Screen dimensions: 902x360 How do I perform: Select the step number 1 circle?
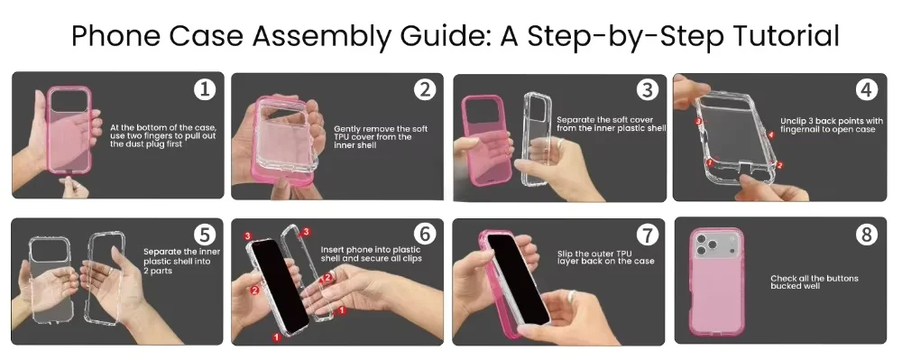(204, 89)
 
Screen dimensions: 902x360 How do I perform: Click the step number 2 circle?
(424, 89)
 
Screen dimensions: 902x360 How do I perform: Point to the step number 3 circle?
(647, 89)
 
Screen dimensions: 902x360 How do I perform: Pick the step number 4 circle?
(867, 89)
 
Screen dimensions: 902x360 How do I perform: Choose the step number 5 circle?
(205, 235)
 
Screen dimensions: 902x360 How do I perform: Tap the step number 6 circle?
(425, 234)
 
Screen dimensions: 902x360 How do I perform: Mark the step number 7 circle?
(647, 235)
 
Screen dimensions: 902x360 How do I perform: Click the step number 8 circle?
(867, 235)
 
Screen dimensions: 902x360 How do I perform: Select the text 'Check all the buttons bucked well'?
(814, 282)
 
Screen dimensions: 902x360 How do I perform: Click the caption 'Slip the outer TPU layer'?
(605, 257)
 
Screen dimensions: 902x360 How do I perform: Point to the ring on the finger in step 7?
(573, 297)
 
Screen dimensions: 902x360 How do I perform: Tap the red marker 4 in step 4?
(771, 134)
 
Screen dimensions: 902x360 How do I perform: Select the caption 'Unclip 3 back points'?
(832, 125)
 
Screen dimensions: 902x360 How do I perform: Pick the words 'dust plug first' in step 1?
(146, 144)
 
